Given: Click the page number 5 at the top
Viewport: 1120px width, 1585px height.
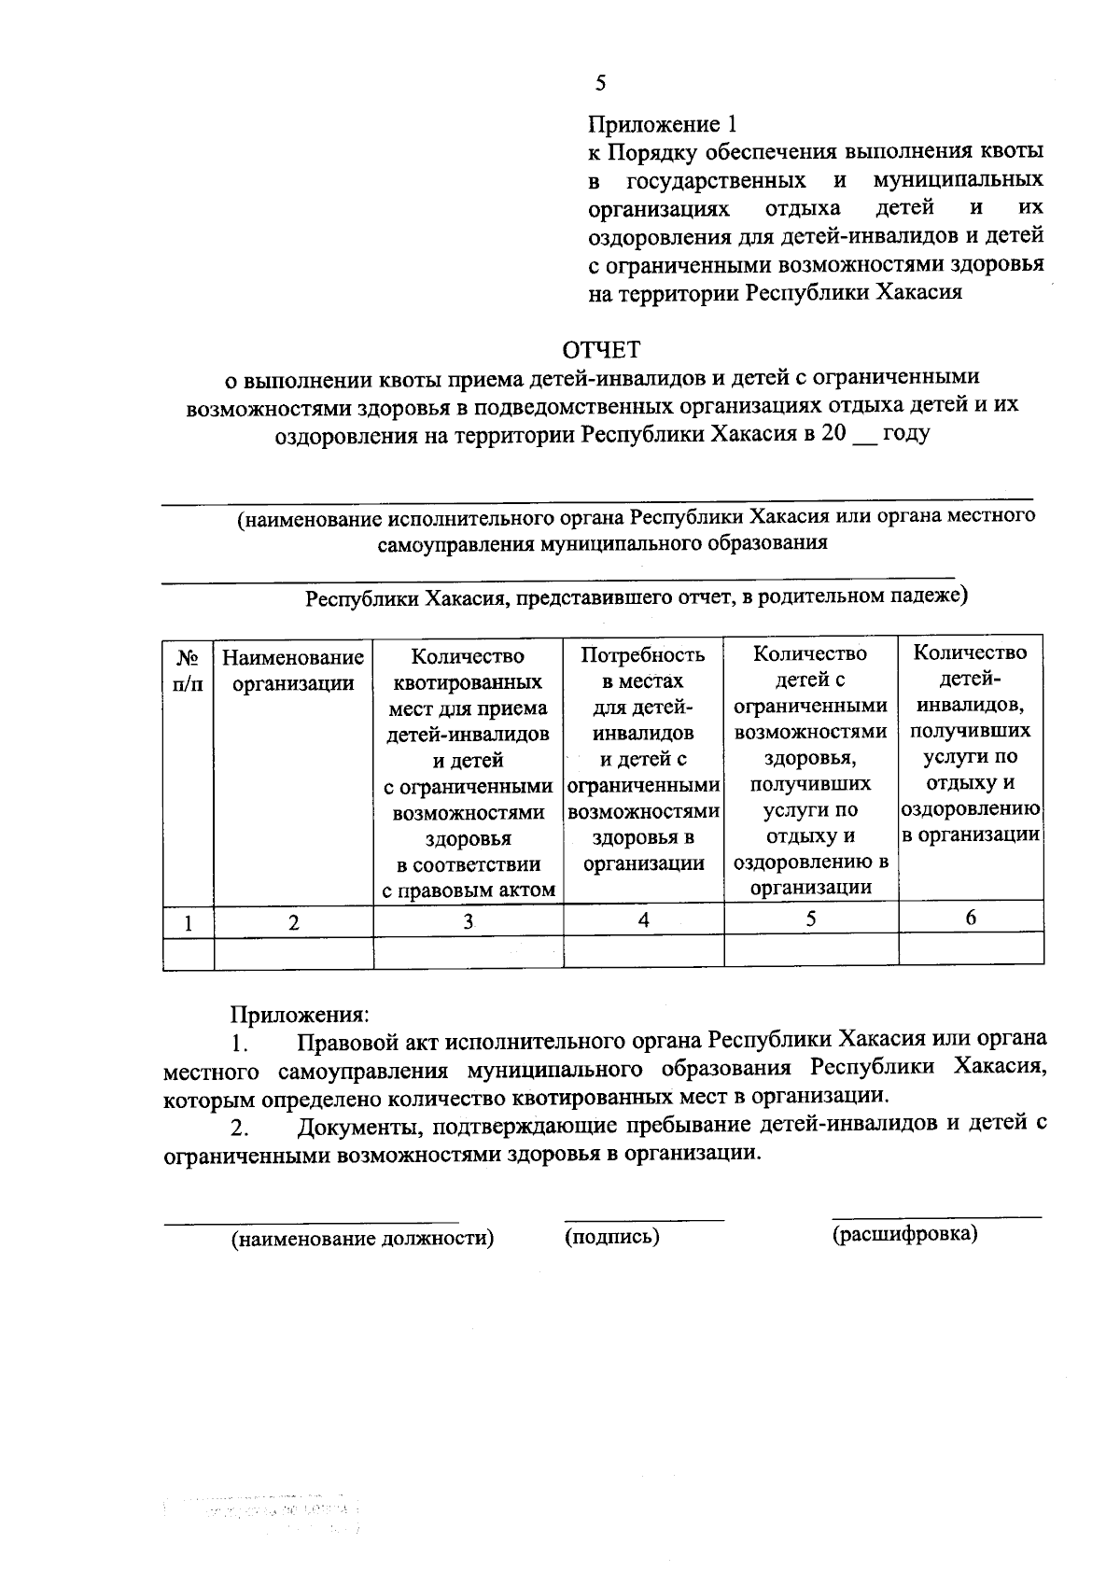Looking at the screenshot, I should pos(600,84).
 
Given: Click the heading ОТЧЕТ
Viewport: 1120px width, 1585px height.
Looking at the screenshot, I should pos(601,350).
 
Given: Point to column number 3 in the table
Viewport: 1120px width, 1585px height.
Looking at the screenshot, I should pos(468,921).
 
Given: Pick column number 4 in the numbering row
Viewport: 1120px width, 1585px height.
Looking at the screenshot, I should pos(643,919).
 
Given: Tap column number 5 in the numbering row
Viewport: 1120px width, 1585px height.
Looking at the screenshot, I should pos(810,919).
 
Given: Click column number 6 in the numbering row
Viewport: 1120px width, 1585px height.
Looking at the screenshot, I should pos(971,919).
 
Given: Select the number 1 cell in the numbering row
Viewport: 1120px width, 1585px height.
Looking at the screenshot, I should pos(189,924).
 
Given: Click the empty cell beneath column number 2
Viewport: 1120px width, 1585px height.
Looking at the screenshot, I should pos(293,952).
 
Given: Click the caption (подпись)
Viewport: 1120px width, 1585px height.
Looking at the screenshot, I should pos(612,1237).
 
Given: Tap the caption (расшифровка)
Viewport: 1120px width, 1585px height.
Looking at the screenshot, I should pos(904,1234).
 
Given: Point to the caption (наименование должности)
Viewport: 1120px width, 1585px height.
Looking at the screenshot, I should pos(362,1239).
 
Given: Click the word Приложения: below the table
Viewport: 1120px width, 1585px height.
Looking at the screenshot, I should pos(300,1013).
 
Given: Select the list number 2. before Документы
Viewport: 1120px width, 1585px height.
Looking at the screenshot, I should pos(240,1129).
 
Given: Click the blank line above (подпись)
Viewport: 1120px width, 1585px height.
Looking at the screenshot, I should pos(643,1218).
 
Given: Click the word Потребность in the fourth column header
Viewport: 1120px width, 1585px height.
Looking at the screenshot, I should pos(643,654).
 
